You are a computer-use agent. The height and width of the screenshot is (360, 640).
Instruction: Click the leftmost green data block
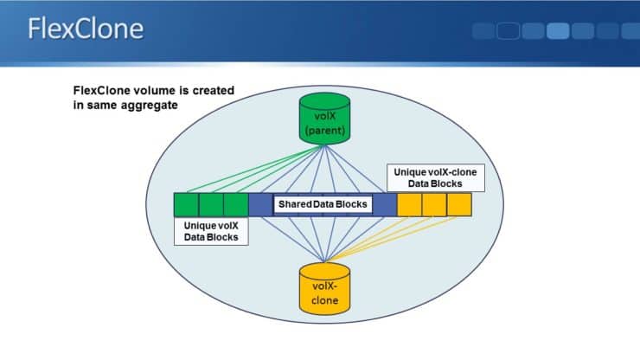pyautogui.click(x=186, y=204)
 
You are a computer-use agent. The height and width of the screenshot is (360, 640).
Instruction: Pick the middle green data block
pyautogui.click(x=211, y=204)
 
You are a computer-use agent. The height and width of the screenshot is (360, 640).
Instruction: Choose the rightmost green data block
pyautogui.click(x=235, y=204)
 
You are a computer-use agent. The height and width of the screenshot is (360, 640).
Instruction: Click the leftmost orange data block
pyautogui.click(x=410, y=204)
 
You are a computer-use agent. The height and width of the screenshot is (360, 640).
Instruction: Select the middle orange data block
pyautogui.click(x=434, y=204)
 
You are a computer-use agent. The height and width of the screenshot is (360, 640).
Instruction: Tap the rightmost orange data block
pyautogui.click(x=459, y=204)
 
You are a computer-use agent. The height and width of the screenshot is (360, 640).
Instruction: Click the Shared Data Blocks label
pyautogui.click(x=322, y=204)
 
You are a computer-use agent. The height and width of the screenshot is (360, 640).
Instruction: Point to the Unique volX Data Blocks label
pyautogui.click(x=211, y=230)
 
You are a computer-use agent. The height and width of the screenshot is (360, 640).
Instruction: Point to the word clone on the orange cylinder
pyautogui.click(x=323, y=301)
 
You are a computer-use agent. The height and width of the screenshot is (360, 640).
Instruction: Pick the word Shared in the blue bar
pyautogui.click(x=294, y=204)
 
